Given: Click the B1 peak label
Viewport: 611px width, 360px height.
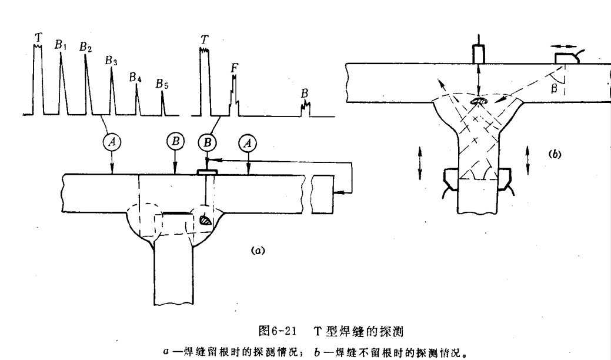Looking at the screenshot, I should tap(62, 45).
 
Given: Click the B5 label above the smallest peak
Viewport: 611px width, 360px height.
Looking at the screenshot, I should tap(162, 85).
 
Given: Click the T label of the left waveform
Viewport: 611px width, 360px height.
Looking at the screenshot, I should tap(38, 36).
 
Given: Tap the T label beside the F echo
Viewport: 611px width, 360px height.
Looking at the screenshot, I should tap(204, 40).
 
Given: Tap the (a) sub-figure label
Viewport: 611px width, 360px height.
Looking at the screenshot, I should tap(256, 249).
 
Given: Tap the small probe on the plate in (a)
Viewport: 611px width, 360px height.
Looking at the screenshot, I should tap(206, 172).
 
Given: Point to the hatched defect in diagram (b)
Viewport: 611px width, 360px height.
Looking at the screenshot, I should tap(480, 102).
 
